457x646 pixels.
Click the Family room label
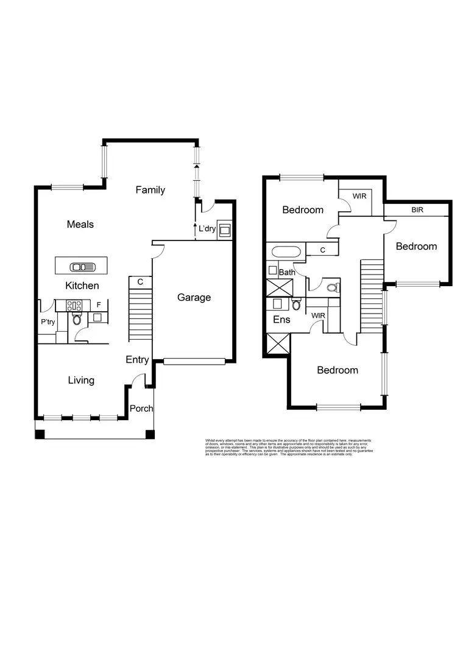coord(150,190)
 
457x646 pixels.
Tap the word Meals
coord(80,224)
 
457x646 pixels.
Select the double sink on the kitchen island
coord(80,266)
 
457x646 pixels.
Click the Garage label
coord(194,297)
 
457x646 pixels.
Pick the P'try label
coord(47,322)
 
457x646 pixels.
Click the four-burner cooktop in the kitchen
coord(74,306)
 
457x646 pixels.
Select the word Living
coord(80,380)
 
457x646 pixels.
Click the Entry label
coord(137,360)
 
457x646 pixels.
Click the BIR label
coord(417,209)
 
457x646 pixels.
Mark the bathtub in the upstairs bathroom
coord(285,251)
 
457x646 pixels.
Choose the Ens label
coord(281,319)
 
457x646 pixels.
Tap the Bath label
coord(287,272)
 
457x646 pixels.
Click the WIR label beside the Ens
coord(317,315)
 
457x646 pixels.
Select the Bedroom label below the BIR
coord(416,246)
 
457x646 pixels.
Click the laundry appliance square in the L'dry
coord(224,230)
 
